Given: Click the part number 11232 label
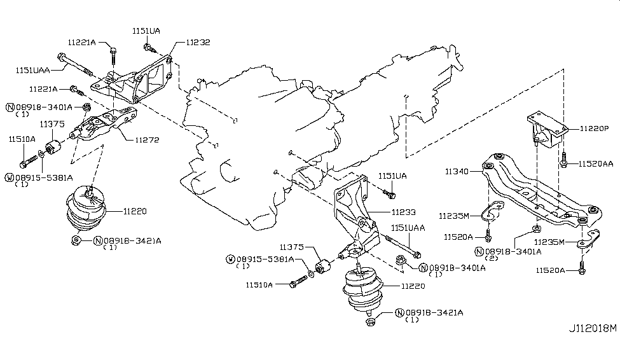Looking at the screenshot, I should click(197, 43).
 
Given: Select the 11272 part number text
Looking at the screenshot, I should click(146, 139).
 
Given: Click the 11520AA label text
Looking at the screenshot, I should click(596, 163).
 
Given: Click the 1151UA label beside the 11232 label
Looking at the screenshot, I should click(146, 31).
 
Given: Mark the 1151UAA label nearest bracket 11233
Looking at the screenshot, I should click(408, 227).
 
